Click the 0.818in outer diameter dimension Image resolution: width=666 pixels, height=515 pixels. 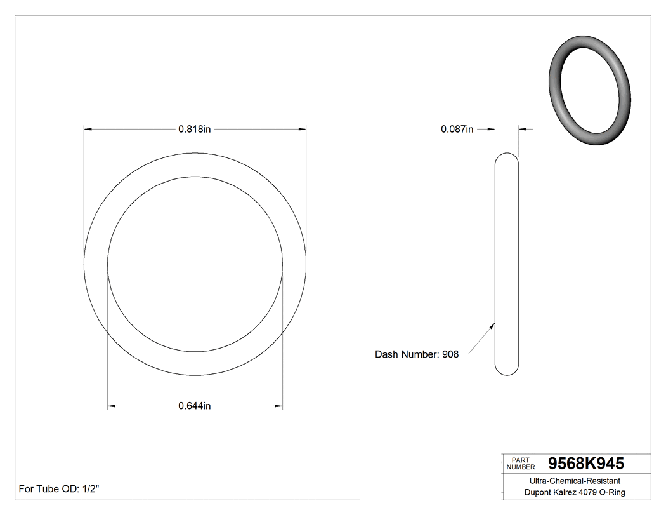point(194,129)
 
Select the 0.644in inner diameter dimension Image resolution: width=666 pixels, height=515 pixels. point(194,406)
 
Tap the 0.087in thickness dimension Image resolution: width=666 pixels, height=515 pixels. point(457,129)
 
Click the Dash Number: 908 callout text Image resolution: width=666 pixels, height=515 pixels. point(417,354)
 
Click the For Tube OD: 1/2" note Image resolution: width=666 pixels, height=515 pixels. point(59,489)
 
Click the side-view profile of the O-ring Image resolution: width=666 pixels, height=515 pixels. point(507,264)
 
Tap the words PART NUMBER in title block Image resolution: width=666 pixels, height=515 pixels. point(521,464)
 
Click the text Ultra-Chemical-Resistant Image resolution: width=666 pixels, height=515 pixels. point(575,481)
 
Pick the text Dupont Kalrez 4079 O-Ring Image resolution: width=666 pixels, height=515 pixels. point(575,492)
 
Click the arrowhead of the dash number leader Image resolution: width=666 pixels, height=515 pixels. point(493,324)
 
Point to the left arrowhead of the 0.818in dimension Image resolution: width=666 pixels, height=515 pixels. point(88,129)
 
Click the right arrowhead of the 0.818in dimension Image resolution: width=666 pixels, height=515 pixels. point(303,129)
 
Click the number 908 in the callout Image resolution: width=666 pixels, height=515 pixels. point(450,354)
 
